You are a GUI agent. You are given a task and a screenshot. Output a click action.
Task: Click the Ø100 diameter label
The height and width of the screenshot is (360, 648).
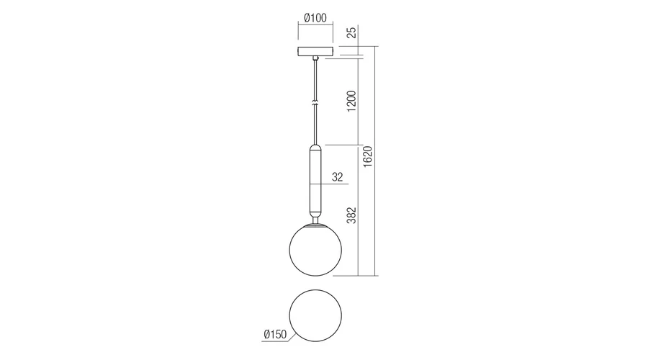[x=315, y=18]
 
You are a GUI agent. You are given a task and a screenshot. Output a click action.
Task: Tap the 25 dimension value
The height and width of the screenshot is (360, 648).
[x=351, y=32]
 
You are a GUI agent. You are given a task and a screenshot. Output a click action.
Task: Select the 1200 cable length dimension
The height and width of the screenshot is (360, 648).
[x=351, y=102]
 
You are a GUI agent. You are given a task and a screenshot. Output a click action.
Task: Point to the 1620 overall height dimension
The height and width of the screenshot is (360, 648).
[x=367, y=157]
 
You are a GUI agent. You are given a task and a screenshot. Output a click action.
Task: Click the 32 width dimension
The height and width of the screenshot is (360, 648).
[x=337, y=177]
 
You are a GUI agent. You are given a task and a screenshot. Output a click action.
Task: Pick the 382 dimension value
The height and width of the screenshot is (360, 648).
[x=351, y=215]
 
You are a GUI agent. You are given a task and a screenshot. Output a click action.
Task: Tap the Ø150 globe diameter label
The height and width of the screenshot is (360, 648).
[x=275, y=334]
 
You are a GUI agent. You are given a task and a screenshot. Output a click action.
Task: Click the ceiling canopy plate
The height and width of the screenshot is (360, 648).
[x=315, y=51]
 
